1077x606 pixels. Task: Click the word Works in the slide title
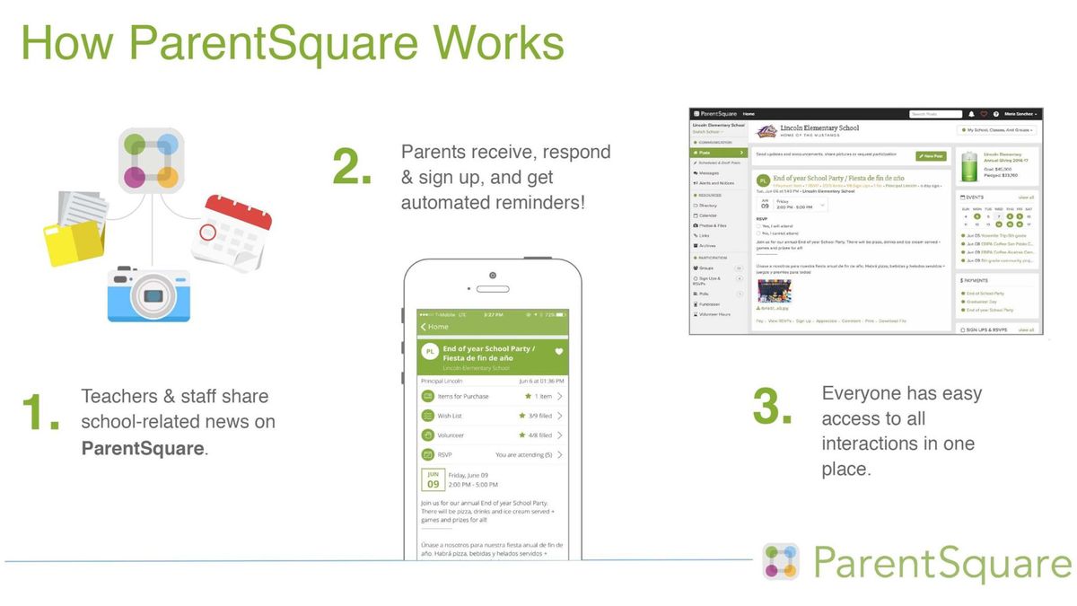[x=488, y=42]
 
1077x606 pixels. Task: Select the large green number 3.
[x=772, y=407]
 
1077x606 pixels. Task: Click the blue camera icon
[x=149, y=294]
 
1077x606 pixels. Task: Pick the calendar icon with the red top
[x=231, y=231]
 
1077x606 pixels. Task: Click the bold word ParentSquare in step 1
[x=143, y=448]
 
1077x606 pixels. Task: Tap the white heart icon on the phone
[x=558, y=352]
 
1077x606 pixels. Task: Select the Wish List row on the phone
[x=492, y=416]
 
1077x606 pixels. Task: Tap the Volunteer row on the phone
[x=492, y=435]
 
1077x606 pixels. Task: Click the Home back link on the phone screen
[x=434, y=327]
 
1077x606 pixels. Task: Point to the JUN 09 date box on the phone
[x=433, y=479]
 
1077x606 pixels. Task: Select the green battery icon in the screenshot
[x=968, y=167]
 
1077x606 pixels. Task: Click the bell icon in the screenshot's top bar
[x=971, y=114]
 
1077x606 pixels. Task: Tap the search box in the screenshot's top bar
[x=934, y=114]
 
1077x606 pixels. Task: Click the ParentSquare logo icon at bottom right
[x=781, y=561]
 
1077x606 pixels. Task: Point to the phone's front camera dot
[x=492, y=275]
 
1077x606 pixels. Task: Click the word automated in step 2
[x=447, y=202]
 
